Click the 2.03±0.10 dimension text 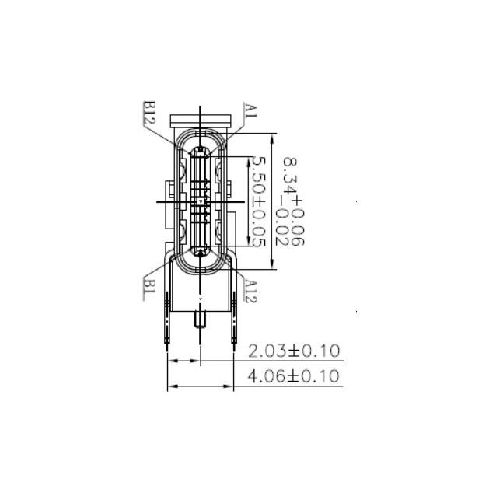pos(293,351)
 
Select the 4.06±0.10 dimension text pos(293,377)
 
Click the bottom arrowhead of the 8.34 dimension pos(271,265)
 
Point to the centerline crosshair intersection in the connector pos(201,201)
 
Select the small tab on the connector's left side pos(168,191)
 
